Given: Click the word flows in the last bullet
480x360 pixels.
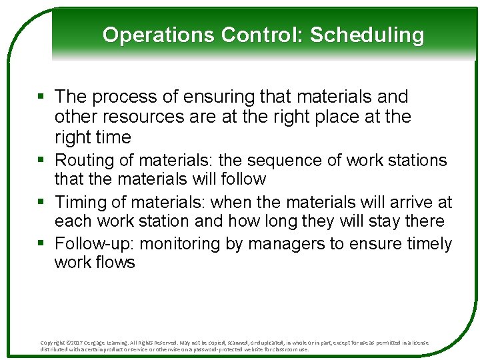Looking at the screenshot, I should [x=117, y=263].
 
